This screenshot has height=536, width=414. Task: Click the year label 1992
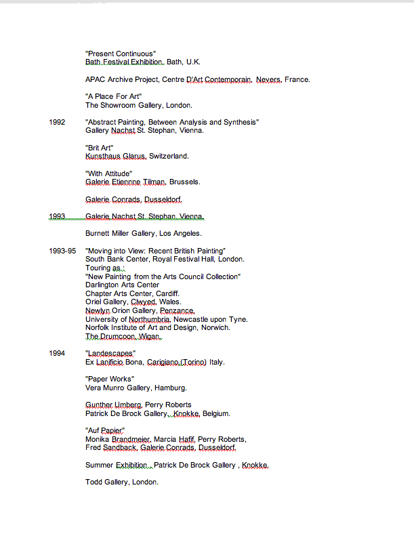(57, 122)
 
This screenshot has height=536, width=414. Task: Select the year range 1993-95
(62, 251)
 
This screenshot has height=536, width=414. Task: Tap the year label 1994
(57, 354)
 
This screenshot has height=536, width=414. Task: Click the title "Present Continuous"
(121, 54)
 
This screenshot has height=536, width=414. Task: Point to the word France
(297, 80)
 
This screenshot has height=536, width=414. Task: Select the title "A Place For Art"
(113, 97)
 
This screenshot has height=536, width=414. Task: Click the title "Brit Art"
(99, 148)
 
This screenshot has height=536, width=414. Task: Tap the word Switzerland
(169, 157)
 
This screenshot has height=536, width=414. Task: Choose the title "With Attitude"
(108, 173)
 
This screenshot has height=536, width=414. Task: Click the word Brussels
(185, 182)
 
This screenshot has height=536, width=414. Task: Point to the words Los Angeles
(180, 234)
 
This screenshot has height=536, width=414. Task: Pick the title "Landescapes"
(110, 354)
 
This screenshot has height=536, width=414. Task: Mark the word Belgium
(216, 413)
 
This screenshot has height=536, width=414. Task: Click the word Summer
(99, 465)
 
